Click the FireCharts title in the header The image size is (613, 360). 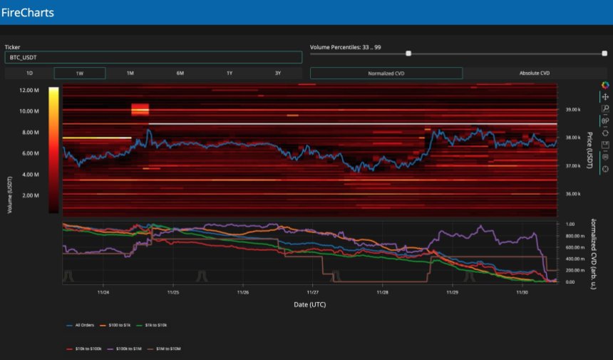click(x=28, y=12)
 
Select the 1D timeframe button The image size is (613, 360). click(x=29, y=73)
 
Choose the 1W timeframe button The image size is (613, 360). click(x=79, y=73)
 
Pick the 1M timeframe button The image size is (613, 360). click(x=130, y=73)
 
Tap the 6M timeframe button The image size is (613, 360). click(x=180, y=73)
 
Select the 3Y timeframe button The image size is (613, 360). click(x=277, y=73)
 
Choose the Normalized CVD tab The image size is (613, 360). click(x=386, y=73)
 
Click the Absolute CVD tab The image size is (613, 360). click(x=534, y=73)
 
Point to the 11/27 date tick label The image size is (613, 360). click(x=312, y=292)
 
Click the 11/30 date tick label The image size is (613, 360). click(x=522, y=292)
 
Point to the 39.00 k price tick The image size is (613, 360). click(x=573, y=110)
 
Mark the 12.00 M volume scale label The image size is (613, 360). click(x=29, y=91)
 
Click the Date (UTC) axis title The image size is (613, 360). click(x=310, y=304)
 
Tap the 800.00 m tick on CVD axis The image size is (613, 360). click(x=575, y=235)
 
